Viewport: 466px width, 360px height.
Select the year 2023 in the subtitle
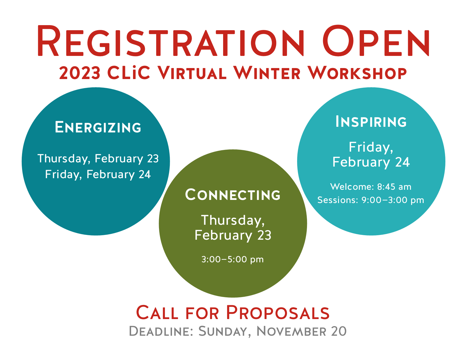(x=80, y=73)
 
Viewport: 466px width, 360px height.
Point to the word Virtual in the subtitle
(x=192, y=73)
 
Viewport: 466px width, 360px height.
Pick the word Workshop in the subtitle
(x=357, y=73)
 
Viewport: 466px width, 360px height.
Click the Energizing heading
(x=98, y=127)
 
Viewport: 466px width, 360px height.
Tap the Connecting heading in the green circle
(x=233, y=195)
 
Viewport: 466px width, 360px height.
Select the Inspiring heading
(x=371, y=122)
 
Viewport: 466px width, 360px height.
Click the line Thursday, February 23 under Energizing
(x=98, y=159)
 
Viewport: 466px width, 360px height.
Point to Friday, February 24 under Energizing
(x=98, y=174)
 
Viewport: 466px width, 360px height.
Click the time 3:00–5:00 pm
(x=232, y=259)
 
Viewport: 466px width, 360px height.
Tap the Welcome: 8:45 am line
(x=371, y=187)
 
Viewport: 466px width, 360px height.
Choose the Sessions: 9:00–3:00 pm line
(x=371, y=200)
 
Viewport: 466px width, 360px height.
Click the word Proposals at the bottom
(x=278, y=313)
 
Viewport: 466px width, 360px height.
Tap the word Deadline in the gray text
(x=160, y=331)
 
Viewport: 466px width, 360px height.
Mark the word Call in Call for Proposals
(x=157, y=313)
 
